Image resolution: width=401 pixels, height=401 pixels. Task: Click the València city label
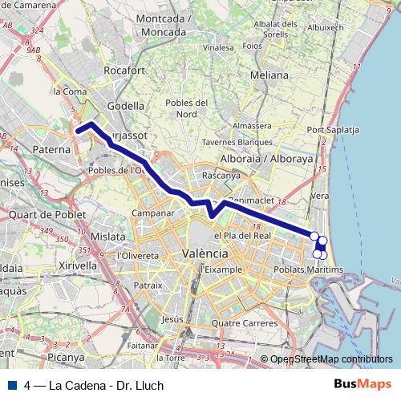[x=203, y=253]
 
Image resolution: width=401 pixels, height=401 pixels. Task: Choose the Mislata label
[x=109, y=237]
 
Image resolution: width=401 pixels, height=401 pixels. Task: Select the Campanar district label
[x=152, y=214]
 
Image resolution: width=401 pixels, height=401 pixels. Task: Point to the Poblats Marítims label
[x=309, y=269]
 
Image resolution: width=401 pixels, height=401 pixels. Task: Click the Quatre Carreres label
[x=244, y=323]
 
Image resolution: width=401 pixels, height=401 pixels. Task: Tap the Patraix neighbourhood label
[x=148, y=284]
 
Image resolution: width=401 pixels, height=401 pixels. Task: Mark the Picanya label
[x=65, y=356]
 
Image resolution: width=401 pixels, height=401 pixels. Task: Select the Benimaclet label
[x=249, y=200]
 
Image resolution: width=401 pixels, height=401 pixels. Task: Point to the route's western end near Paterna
[x=78, y=130]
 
